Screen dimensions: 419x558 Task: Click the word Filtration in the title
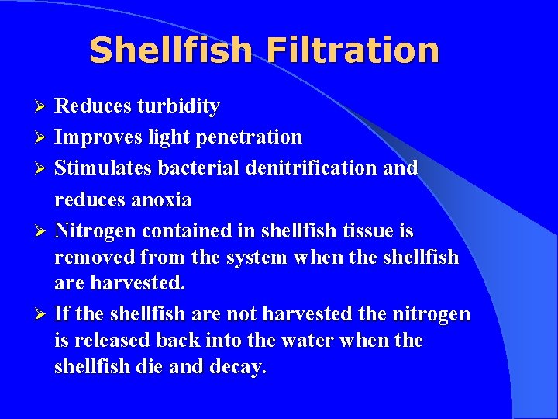pyautogui.click(x=353, y=50)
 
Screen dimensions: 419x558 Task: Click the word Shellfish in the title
pyautogui.click(x=170, y=50)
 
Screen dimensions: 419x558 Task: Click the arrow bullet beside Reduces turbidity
pyautogui.click(x=44, y=106)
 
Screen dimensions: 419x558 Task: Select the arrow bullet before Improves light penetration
pyautogui.click(x=44, y=137)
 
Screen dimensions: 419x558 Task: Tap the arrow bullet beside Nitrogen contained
pyautogui.click(x=44, y=231)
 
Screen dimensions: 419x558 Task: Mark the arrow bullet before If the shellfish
pyautogui.click(x=44, y=314)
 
